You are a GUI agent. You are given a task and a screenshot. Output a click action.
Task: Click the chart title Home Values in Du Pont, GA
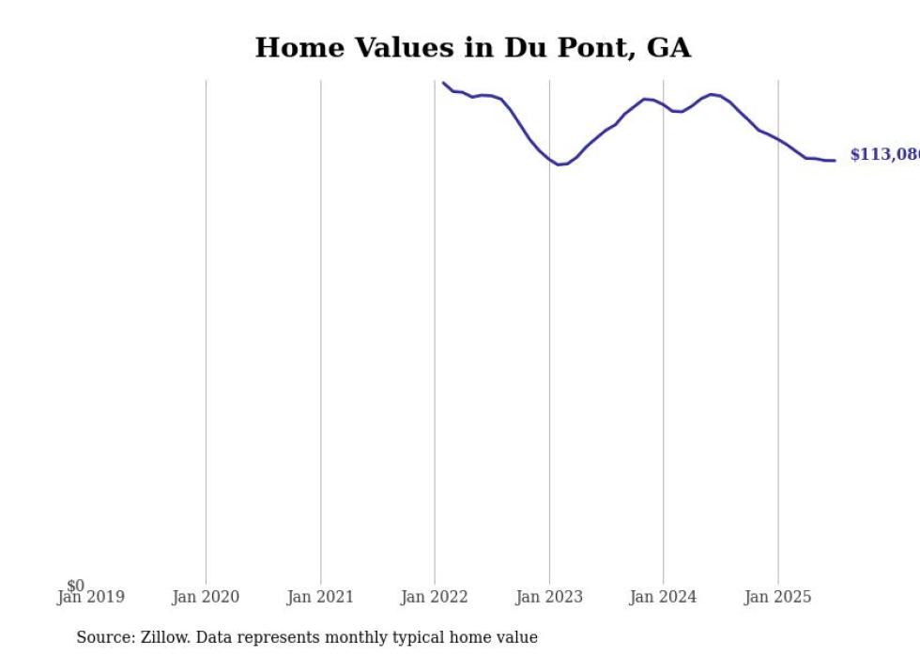click(472, 48)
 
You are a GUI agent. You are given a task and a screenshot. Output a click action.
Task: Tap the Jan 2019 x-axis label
click(90, 597)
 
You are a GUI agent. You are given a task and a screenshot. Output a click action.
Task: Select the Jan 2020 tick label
click(206, 597)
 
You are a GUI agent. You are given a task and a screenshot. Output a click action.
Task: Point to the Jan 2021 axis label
click(320, 597)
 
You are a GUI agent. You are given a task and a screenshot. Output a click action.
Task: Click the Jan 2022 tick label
click(435, 597)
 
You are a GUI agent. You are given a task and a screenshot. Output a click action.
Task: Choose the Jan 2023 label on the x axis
click(549, 597)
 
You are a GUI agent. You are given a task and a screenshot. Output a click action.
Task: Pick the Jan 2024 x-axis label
click(663, 597)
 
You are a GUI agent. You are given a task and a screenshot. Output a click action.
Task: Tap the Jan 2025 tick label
click(777, 597)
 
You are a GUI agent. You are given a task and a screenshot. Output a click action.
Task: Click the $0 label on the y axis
click(75, 586)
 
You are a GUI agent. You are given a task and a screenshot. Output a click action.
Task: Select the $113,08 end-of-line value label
click(883, 155)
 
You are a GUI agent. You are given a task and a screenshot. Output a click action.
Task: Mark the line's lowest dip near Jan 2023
click(560, 164)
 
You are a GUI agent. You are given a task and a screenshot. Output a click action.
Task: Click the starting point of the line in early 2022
click(444, 83)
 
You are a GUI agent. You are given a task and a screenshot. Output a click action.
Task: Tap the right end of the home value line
click(834, 160)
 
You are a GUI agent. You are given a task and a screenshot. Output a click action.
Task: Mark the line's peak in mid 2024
click(712, 94)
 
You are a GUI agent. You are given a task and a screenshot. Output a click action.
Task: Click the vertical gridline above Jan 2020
click(206, 329)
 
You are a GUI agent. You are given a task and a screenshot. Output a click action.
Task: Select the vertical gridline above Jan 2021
click(320, 329)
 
